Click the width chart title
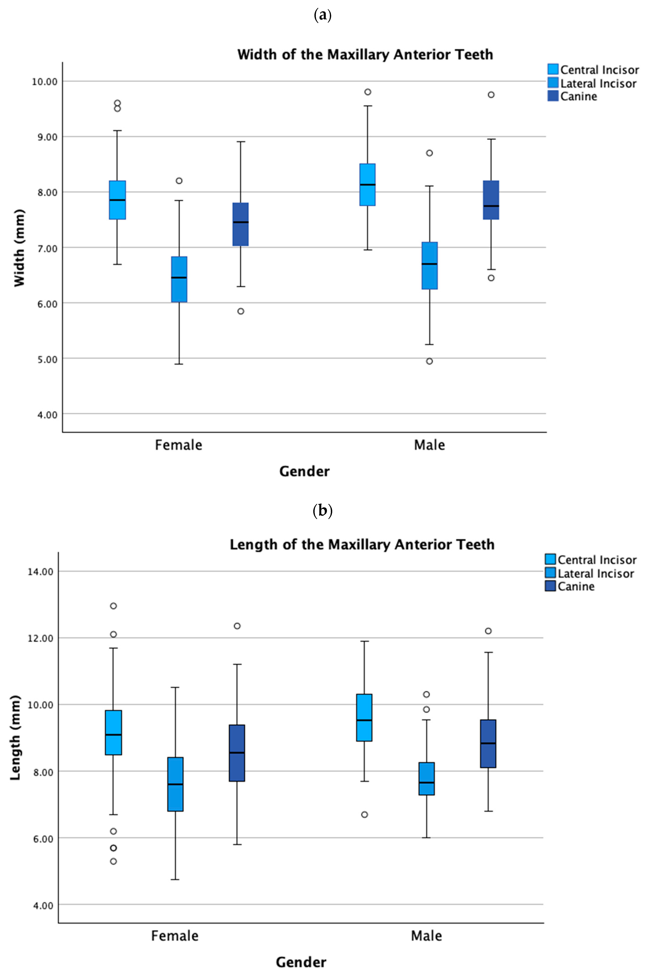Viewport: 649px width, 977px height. point(365,55)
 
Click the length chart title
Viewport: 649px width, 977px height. point(362,545)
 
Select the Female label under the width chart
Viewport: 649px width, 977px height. point(178,445)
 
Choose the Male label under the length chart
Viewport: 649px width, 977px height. point(426,936)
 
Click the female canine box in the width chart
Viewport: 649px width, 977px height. point(241,224)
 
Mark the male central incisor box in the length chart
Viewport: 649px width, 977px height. point(364,718)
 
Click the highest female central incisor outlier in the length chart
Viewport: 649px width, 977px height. point(113,606)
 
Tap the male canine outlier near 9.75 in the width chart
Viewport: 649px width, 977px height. point(491,95)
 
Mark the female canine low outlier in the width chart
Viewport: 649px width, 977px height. point(241,311)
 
